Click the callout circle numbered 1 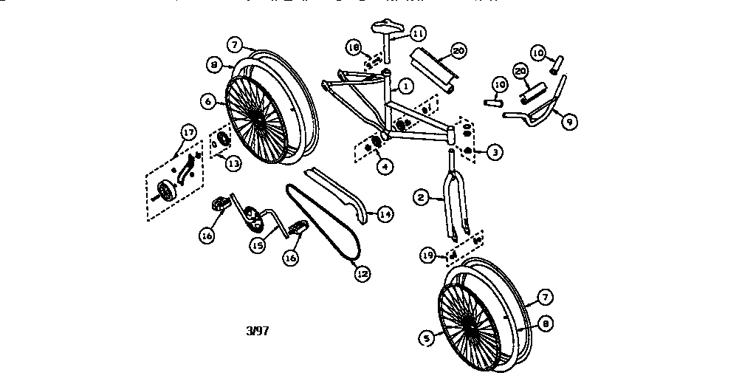click(x=405, y=86)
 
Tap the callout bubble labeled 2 click(x=420, y=197)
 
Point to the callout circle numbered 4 click(x=383, y=166)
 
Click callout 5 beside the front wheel click(x=426, y=338)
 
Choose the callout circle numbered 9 click(x=569, y=121)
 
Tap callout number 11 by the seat click(x=418, y=33)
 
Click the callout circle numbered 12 click(x=362, y=272)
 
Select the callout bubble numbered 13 click(x=233, y=164)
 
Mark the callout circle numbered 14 click(x=385, y=214)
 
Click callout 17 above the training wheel click(x=188, y=133)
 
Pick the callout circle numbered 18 click(x=354, y=48)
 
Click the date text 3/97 click(x=257, y=331)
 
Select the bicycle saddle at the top click(x=388, y=29)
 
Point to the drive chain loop click(x=325, y=222)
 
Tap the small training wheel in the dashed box click(x=168, y=191)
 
